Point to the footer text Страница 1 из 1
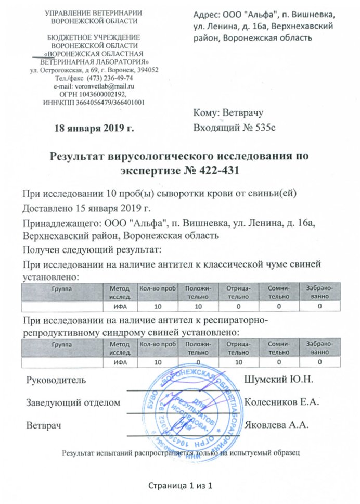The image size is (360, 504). click(x=180, y=485)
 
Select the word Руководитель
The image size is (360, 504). click(x=54, y=380)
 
